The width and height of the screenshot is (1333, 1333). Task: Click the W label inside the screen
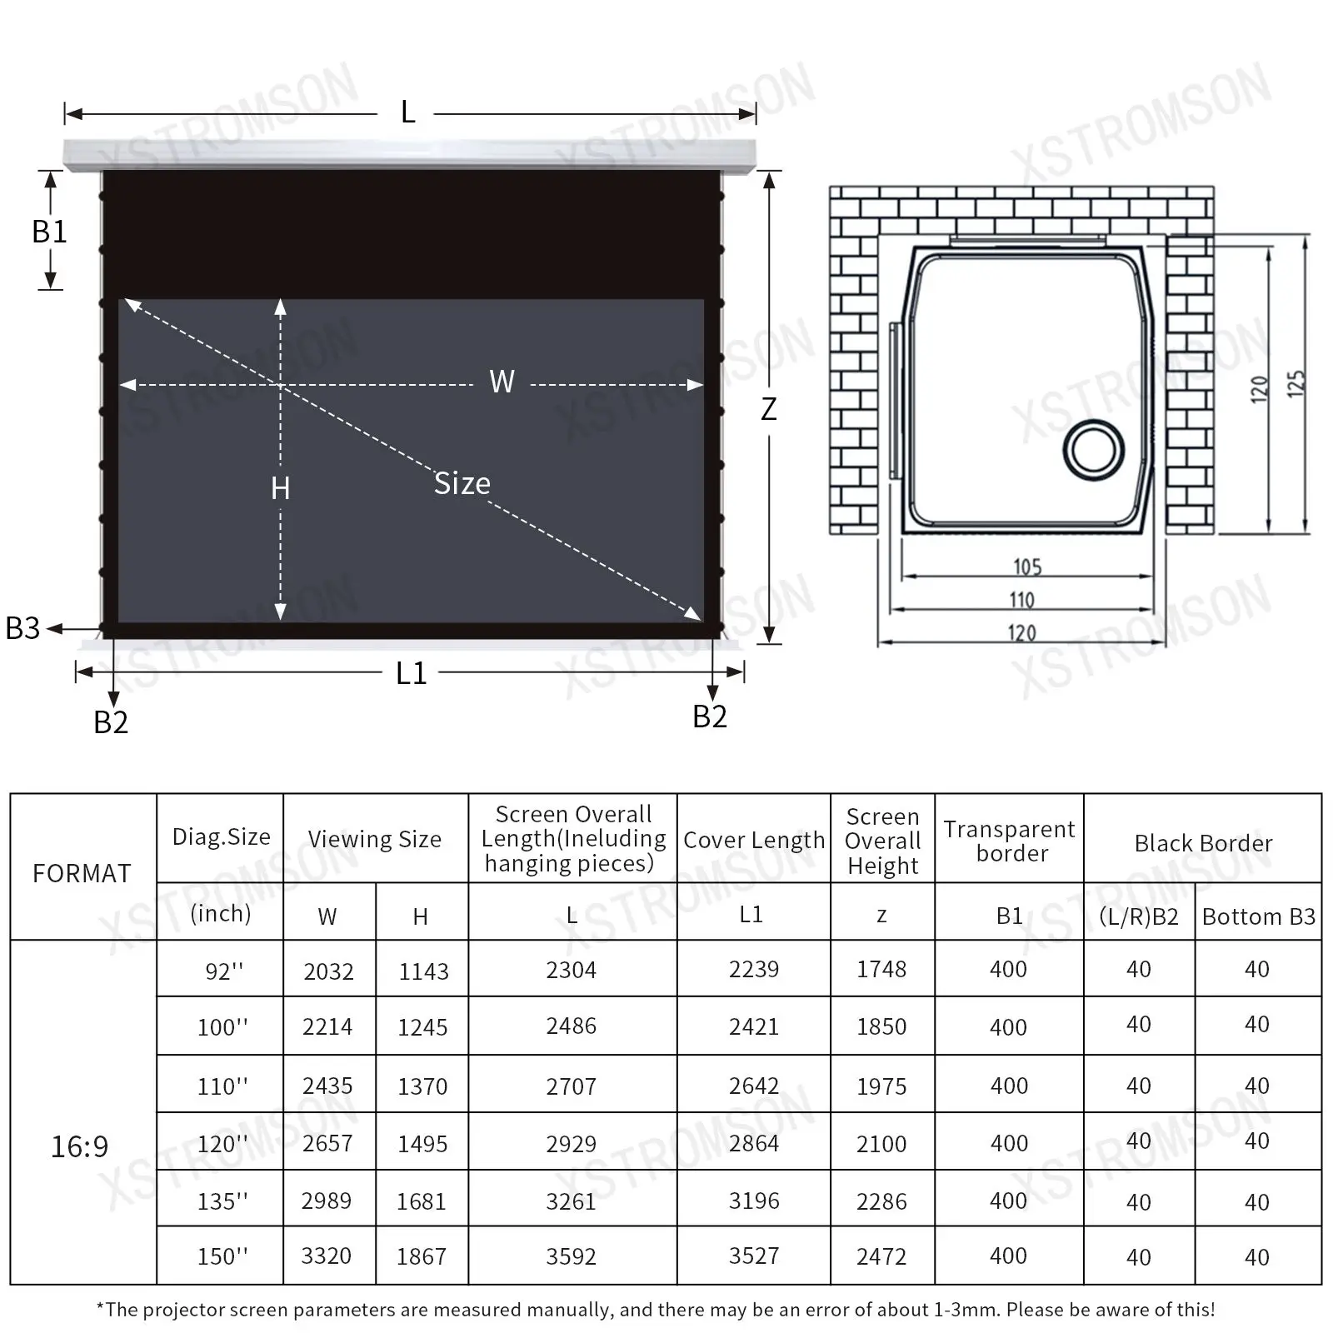502,382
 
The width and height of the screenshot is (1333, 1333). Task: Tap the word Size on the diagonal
462,484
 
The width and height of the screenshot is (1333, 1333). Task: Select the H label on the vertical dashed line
280,488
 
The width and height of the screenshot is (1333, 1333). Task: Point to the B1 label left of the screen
49,232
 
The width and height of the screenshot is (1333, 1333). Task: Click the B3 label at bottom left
22,628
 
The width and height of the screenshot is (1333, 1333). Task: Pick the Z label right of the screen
769,409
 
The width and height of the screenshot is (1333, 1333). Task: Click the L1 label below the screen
411,673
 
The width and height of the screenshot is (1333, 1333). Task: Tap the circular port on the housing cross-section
1094,450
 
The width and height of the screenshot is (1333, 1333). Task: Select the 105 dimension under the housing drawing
1027,567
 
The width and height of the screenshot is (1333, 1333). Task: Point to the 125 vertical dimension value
1296,384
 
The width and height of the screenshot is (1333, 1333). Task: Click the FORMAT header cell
82,873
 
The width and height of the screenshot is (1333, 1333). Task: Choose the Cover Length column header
753,841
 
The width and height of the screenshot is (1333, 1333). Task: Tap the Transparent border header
1010,841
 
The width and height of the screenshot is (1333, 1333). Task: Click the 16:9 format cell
79,1147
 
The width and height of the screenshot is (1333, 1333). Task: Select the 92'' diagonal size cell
223,971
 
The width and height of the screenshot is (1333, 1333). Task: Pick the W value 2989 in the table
327,1201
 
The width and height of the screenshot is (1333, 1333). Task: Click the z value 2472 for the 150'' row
881,1256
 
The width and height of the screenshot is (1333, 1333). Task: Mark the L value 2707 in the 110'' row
572,1086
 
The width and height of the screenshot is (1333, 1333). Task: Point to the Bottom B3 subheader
1258,917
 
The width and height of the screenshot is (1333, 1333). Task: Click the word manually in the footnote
574,1310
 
